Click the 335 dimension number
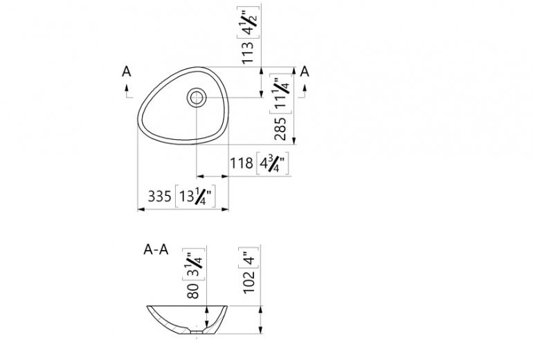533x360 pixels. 159,196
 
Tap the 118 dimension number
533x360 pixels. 242,163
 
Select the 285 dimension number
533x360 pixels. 280,129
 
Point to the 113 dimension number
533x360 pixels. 248,53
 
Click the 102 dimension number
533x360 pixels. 249,282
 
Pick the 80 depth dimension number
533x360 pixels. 193,291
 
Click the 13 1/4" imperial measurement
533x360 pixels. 195,196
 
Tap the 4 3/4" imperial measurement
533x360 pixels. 273,163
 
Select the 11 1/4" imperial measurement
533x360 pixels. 281,94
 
